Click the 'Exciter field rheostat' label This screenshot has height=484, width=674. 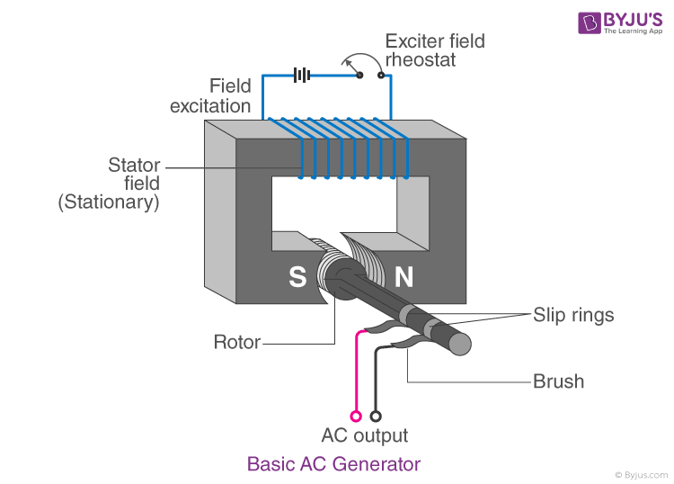(434, 50)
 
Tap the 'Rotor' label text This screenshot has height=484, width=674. (236, 342)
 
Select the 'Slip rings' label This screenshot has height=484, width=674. (573, 315)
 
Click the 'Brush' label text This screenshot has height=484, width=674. (558, 381)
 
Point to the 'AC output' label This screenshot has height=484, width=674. (365, 436)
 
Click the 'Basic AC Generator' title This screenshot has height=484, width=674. (333, 465)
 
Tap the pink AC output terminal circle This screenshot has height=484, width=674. (356, 416)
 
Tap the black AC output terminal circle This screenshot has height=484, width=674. (376, 416)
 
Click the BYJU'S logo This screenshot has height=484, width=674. (611, 22)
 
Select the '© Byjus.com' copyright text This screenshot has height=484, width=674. (642, 474)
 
